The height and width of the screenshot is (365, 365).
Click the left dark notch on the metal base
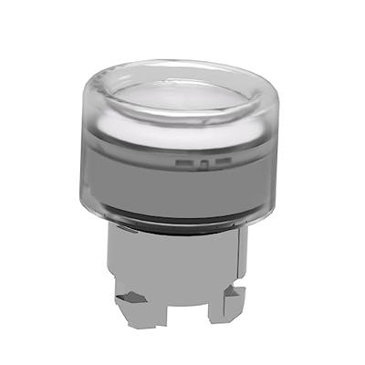(134, 297)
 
